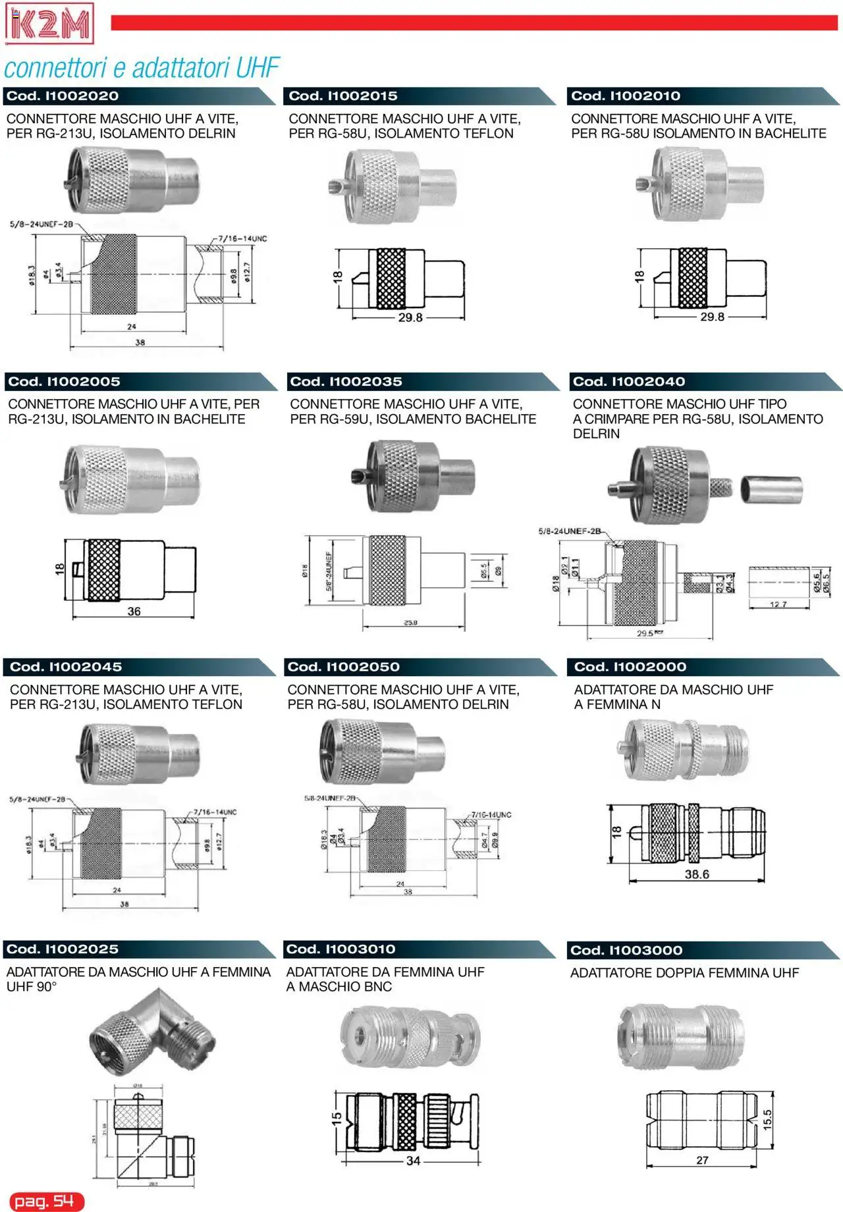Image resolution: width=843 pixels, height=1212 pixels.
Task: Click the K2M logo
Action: pyautogui.click(x=49, y=23)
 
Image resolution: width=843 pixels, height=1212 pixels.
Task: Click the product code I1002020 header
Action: pyautogui.click(x=63, y=96)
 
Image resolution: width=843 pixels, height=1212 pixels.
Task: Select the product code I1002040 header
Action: pyautogui.click(x=629, y=382)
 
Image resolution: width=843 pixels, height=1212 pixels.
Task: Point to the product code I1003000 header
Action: pyautogui.click(x=626, y=951)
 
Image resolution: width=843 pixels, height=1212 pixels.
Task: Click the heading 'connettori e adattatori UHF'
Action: pyautogui.click(x=142, y=68)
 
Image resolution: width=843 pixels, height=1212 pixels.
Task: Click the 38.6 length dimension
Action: pyautogui.click(x=697, y=874)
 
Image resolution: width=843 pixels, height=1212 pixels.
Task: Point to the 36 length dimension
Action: pyautogui.click(x=134, y=612)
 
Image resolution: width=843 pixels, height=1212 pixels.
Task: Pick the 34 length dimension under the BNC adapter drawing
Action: pyautogui.click(x=413, y=1161)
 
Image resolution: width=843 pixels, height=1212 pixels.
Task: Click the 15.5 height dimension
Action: pyautogui.click(x=767, y=1120)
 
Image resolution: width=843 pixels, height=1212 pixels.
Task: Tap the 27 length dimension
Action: pyautogui.click(x=702, y=1160)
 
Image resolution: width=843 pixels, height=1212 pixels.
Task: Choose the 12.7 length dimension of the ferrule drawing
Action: pyautogui.click(x=778, y=604)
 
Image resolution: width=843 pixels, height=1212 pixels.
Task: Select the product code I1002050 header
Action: pyautogui.click(x=343, y=667)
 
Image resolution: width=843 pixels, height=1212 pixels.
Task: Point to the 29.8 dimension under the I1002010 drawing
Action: pyautogui.click(x=712, y=317)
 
